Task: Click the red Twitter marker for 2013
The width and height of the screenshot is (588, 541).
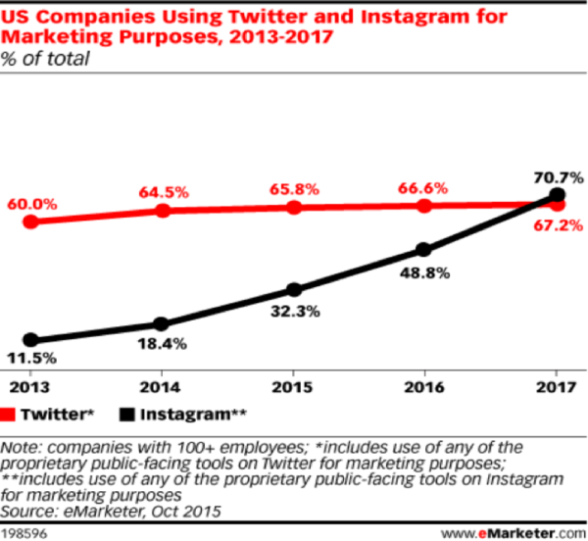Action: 31,221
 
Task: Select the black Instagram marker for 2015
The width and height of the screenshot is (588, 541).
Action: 293,290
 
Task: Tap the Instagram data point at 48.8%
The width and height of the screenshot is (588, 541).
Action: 423,250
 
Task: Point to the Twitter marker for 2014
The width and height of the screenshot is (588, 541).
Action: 162,211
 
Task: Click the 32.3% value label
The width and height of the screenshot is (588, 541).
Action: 293,315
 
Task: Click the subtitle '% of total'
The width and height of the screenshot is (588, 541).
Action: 45,59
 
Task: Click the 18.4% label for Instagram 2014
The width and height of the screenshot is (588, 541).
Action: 162,345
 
